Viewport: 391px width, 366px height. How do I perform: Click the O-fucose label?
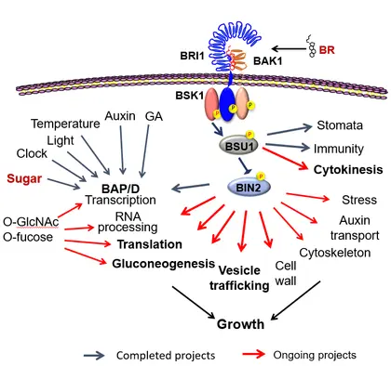[x=30, y=237]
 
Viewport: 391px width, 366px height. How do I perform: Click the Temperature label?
[x=64, y=123]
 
